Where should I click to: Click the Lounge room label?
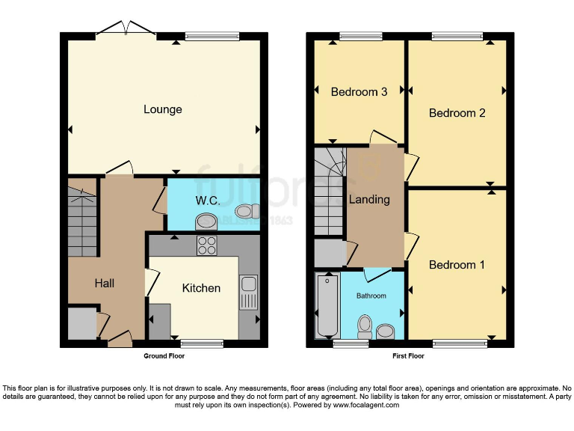click(162, 109)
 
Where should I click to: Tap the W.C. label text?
click(206, 201)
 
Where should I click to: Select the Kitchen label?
click(201, 287)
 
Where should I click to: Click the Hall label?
click(104, 283)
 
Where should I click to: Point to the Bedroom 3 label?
click(359, 92)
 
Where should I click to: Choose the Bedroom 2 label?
click(457, 113)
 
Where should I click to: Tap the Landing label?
click(369, 199)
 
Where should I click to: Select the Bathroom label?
click(371, 296)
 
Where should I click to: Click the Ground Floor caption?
click(164, 356)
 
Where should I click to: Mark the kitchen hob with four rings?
click(206, 245)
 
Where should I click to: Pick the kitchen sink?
click(248, 292)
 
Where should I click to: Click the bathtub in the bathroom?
click(327, 307)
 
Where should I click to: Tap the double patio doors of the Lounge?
click(126, 30)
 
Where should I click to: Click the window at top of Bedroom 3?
click(359, 35)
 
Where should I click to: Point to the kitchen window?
click(202, 343)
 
